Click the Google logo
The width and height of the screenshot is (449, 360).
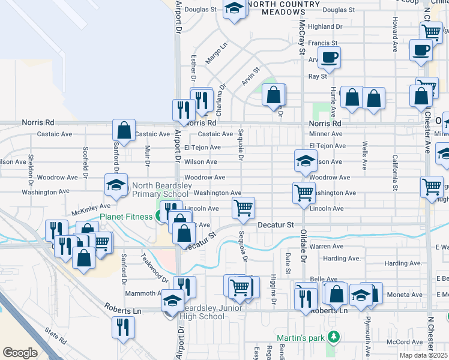coord(20,353)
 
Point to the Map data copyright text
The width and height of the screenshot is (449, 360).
coord(424,356)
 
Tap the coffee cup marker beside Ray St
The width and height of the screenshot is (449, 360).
coord(328,58)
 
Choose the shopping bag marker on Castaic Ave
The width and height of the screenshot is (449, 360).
coord(124,130)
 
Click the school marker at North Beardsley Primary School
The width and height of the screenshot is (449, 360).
coord(116,185)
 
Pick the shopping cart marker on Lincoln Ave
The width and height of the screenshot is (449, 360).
coord(243,208)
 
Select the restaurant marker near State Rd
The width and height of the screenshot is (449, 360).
coord(123,328)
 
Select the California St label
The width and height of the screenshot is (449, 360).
coord(395,172)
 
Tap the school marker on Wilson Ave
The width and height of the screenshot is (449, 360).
coord(306,161)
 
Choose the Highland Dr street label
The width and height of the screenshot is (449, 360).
coord(325,27)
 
